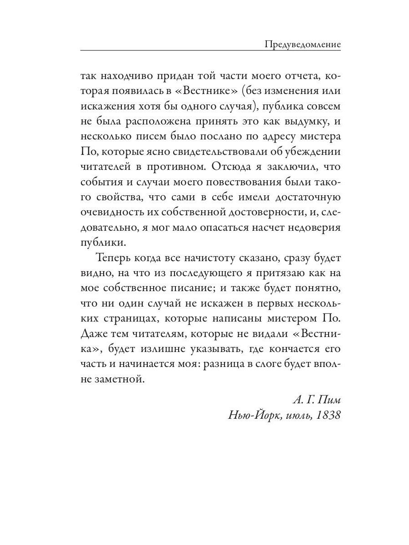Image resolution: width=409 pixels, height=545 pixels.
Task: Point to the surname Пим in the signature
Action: [328, 400]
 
